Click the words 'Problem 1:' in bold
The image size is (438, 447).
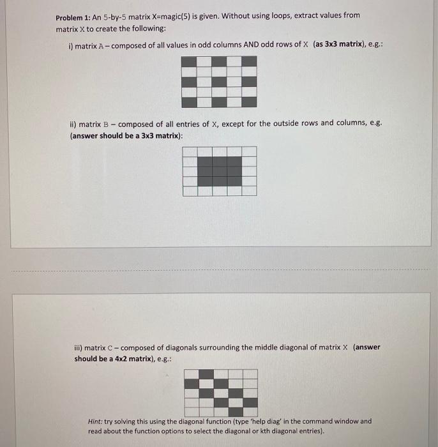click(x=73, y=15)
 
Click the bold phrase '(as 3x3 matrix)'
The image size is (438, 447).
click(x=342, y=45)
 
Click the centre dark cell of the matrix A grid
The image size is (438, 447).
click(x=220, y=81)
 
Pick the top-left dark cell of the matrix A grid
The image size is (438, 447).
click(x=190, y=61)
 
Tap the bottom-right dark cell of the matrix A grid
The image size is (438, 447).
click(x=250, y=102)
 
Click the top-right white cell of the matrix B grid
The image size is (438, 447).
click(x=250, y=151)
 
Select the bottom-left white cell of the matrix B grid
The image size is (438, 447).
click(x=190, y=190)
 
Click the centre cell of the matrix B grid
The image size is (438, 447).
click(x=220, y=170)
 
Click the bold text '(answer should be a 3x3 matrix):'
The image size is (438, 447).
click(x=126, y=135)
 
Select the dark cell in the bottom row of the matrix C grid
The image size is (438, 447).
click(x=250, y=403)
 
